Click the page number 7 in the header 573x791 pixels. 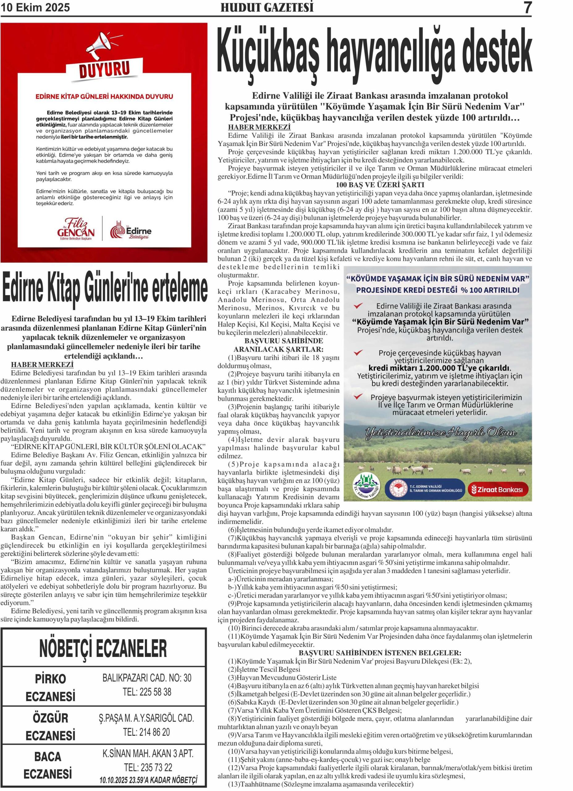528,8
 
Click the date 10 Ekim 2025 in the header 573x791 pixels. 35,7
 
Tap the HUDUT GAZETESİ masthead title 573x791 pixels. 267,7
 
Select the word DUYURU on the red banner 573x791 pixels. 104,69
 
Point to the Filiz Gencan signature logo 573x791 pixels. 76,228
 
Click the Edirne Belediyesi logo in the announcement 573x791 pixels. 131,230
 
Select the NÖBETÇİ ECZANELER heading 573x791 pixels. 103,649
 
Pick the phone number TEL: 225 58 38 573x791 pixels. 147,692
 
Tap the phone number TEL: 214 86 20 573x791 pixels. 146,732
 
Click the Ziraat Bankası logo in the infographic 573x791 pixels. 498,490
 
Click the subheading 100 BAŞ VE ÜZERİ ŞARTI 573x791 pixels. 380,185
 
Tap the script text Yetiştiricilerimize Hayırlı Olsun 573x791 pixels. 440,433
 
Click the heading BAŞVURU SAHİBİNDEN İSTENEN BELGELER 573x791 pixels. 380,653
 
